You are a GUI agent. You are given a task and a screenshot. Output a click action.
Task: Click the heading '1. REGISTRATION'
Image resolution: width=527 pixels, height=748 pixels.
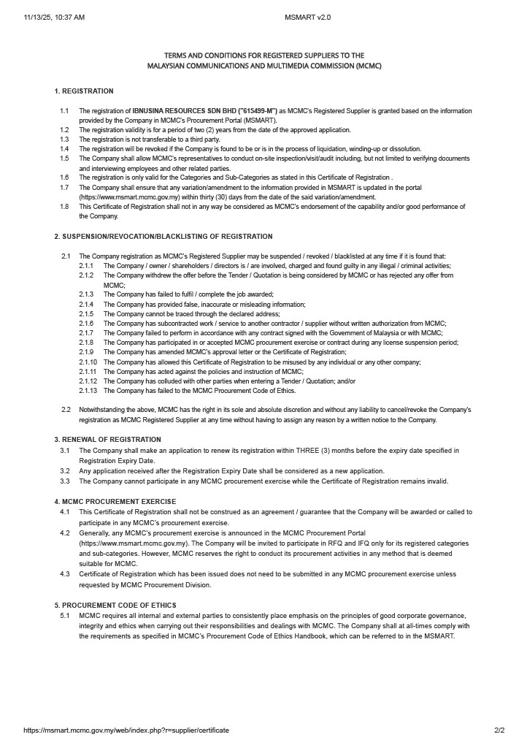click(x=84, y=91)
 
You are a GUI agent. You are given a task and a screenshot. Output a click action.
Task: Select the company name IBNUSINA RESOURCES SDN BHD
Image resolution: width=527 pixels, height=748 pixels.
click(x=184, y=111)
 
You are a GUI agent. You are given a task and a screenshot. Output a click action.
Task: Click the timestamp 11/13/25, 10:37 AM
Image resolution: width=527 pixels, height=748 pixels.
click(x=54, y=17)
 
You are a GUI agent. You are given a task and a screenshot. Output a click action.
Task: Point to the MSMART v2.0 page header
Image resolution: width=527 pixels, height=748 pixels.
click(x=307, y=17)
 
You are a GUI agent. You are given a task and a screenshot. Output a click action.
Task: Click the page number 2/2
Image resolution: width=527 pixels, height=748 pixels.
click(x=499, y=730)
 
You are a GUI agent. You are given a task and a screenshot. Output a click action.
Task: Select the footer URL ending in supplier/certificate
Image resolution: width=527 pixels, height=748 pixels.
click(x=126, y=730)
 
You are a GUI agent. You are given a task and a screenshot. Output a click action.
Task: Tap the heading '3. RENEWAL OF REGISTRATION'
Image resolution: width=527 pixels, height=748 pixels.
click(x=107, y=440)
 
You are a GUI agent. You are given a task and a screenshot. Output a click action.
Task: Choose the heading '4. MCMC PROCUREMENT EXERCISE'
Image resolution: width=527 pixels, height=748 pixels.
click(x=115, y=502)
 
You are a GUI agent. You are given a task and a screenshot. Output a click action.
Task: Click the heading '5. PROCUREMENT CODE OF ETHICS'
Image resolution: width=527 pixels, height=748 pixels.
click(x=117, y=606)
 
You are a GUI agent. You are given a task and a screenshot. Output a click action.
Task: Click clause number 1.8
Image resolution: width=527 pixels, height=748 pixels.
click(x=64, y=207)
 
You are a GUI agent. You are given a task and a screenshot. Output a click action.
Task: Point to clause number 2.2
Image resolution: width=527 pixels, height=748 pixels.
click(x=66, y=410)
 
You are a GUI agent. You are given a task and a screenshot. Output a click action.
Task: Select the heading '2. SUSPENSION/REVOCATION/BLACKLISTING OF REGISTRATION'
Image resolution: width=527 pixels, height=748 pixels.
click(x=163, y=237)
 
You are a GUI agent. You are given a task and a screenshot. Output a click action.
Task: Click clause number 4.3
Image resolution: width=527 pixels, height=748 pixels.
click(x=65, y=574)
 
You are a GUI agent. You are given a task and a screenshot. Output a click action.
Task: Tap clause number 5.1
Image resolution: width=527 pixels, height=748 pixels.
click(x=65, y=616)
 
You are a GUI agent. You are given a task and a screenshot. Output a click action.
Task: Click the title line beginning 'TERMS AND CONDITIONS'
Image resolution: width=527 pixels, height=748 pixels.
click(x=263, y=56)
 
